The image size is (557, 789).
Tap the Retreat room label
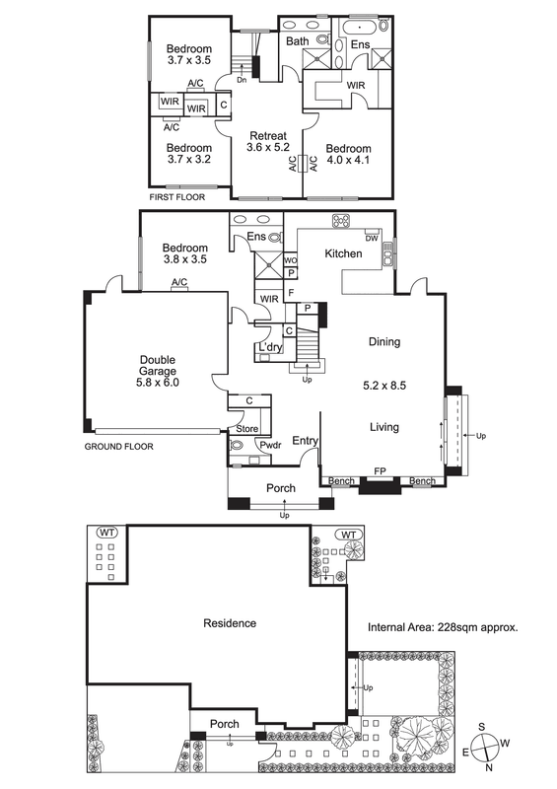pyautogui.click(x=268, y=136)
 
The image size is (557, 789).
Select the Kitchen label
pyautogui.click(x=343, y=253)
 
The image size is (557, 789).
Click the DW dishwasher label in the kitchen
pyautogui.click(x=372, y=239)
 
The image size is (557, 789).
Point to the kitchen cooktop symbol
pyautogui.click(x=341, y=220)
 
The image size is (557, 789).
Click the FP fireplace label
pyautogui.click(x=380, y=471)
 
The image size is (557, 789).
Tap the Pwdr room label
pyautogui.click(x=270, y=445)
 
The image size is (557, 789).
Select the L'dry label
pyautogui.click(x=270, y=347)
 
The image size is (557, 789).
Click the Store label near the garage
pyautogui.click(x=247, y=429)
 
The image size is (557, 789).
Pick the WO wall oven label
pyautogui.click(x=290, y=260)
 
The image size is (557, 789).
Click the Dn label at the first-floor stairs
pyautogui.click(x=242, y=80)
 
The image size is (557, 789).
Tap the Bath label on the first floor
pyautogui.click(x=298, y=41)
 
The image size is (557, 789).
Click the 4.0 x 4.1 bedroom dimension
pyautogui.click(x=348, y=160)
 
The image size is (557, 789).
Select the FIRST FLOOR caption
pyautogui.click(x=177, y=197)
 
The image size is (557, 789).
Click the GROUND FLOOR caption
pyautogui.click(x=118, y=447)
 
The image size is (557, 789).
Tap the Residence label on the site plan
pyautogui.click(x=230, y=623)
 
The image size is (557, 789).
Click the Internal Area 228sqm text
pyautogui.click(x=443, y=627)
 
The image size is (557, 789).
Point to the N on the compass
pyautogui.click(x=489, y=767)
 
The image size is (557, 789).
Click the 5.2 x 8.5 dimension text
pyautogui.click(x=384, y=386)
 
